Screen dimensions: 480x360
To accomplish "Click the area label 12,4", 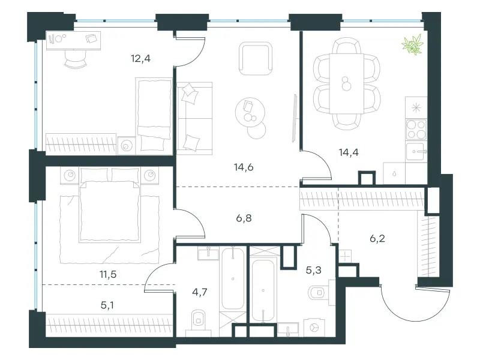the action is click(x=141, y=58).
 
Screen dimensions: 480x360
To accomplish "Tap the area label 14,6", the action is click(x=244, y=167).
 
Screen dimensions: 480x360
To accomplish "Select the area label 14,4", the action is click(x=349, y=152).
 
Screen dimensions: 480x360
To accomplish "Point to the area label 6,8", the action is click(x=244, y=218).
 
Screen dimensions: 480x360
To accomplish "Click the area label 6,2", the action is click(x=377, y=238).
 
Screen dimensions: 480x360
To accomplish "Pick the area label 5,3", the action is click(x=314, y=270).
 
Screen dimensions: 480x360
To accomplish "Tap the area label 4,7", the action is click(x=200, y=292).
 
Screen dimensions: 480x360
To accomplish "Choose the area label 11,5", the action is click(x=108, y=274).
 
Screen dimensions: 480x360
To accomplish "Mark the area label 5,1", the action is click(x=107, y=305).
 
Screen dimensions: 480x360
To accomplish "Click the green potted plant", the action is click(x=413, y=44).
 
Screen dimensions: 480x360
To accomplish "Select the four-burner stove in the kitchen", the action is click(x=416, y=129).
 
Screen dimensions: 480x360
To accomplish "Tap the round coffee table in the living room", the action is click(x=250, y=112).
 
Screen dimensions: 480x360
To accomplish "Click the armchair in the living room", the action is click(x=256, y=58).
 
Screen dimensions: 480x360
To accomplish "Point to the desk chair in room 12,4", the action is click(x=76, y=59).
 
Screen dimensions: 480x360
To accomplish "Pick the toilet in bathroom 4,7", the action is click(x=199, y=320).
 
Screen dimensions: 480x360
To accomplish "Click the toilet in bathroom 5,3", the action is click(x=319, y=293).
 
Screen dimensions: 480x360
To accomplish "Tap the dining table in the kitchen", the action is click(x=347, y=83).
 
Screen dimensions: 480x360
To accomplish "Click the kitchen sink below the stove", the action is click(x=416, y=152).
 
